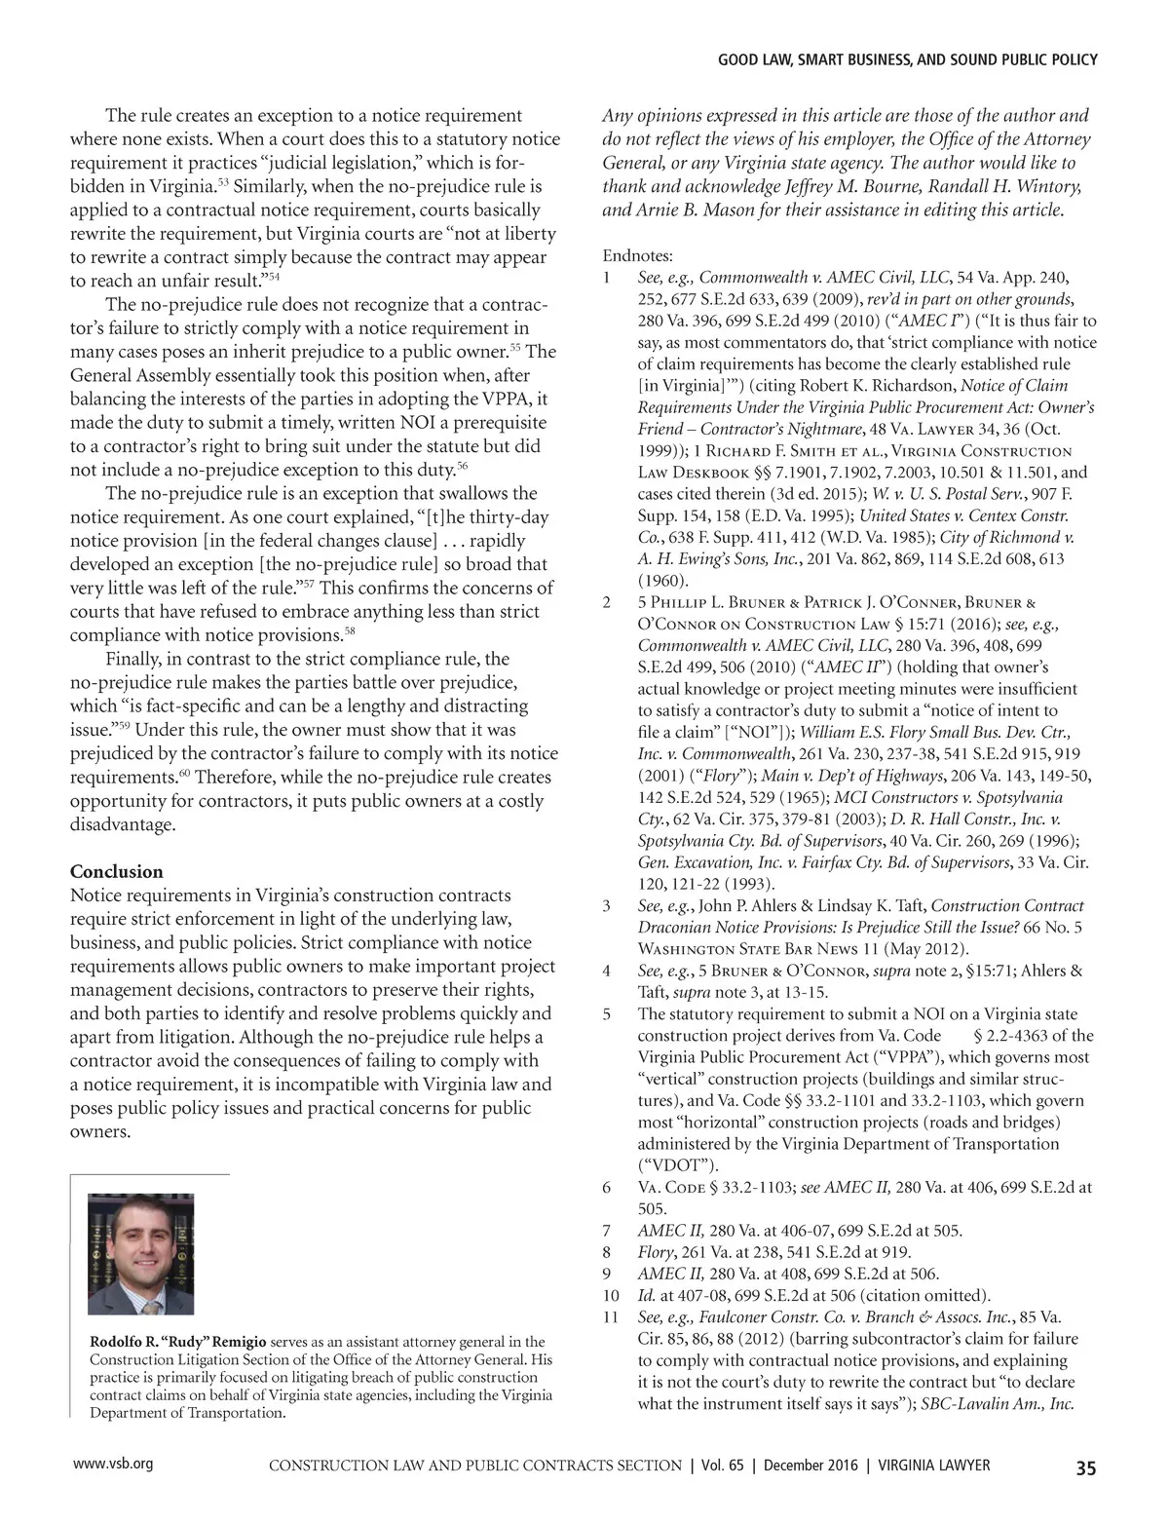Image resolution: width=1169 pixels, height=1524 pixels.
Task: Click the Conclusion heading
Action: [117, 871]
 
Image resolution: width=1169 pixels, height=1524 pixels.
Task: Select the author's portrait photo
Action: [140, 1253]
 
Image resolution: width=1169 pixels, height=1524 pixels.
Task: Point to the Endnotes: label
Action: [637, 256]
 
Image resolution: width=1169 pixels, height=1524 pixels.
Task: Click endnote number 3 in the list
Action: [607, 906]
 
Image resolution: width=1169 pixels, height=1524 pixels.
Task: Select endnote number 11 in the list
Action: [611, 1316]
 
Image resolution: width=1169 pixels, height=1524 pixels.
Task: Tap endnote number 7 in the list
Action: [607, 1231]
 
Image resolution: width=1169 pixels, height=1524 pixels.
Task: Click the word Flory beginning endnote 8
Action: [656, 1252]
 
